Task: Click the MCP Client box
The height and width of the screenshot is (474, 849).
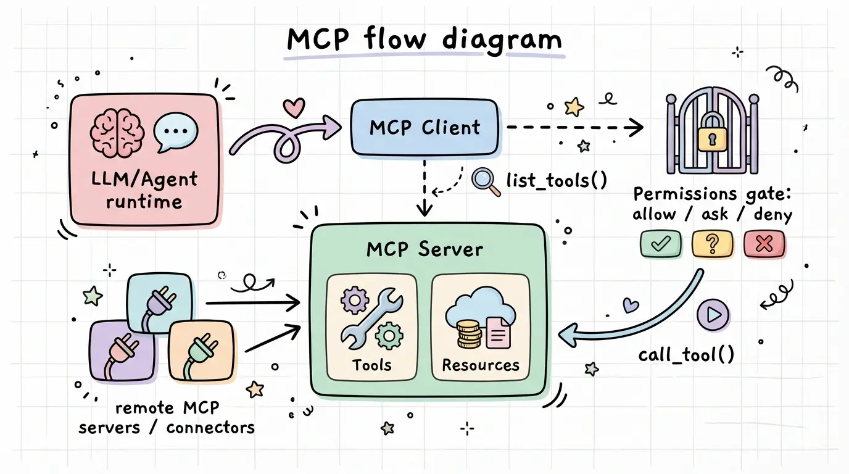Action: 424,128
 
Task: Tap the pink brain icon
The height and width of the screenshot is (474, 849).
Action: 117,131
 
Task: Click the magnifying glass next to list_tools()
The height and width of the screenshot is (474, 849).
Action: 484,181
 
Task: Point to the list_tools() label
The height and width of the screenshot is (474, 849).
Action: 556,180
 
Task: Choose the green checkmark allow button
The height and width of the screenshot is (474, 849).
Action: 661,244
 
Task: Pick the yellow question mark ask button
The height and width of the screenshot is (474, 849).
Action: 713,244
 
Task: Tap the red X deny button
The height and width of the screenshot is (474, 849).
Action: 764,244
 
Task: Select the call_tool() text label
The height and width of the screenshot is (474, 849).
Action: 686,354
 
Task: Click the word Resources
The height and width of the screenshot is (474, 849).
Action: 480,365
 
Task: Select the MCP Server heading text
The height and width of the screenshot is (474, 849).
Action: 424,249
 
